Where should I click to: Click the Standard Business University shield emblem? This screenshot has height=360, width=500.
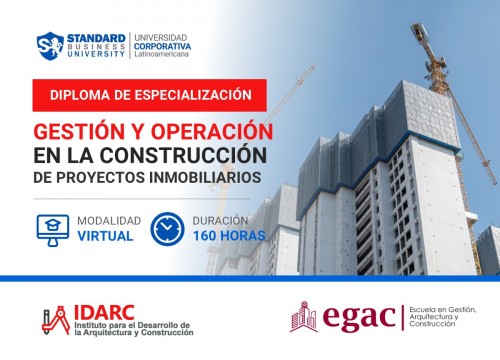(50, 45)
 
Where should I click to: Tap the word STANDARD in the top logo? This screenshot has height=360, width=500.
(96, 36)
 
